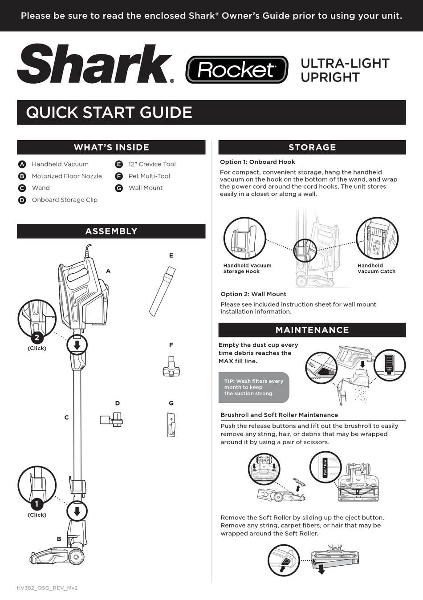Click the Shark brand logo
(x=95, y=64)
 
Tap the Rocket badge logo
(x=236, y=70)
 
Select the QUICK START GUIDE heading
(x=109, y=112)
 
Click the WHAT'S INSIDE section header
(x=111, y=147)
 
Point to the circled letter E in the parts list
(x=119, y=164)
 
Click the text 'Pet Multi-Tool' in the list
(x=149, y=176)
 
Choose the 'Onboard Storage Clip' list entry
(x=65, y=200)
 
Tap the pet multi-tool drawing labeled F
(x=171, y=367)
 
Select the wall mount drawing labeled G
(x=171, y=425)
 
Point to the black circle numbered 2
(x=37, y=337)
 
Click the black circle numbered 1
(x=37, y=504)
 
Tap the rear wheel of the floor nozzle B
(x=76, y=557)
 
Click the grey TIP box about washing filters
(x=254, y=387)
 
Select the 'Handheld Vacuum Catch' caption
(x=376, y=268)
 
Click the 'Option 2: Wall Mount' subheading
(x=253, y=294)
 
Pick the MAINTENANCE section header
(x=312, y=330)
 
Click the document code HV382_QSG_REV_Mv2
(x=47, y=588)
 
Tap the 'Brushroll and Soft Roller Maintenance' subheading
(x=279, y=415)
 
